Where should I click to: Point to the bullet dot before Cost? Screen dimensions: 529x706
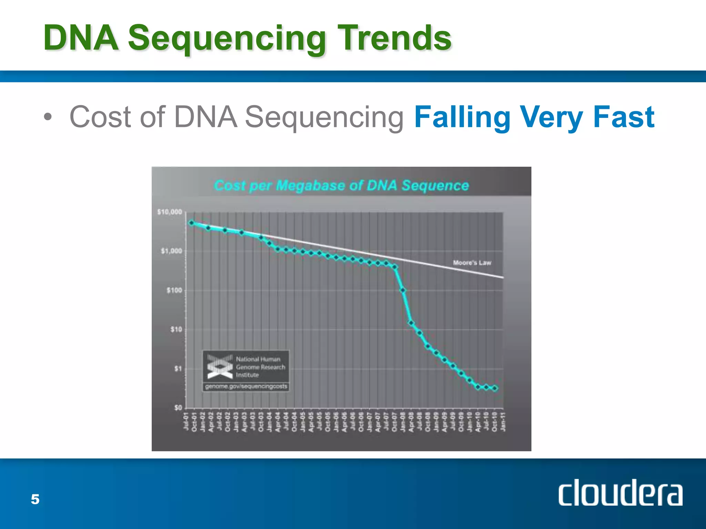click(48, 117)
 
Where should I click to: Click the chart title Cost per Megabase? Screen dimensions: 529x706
click(341, 185)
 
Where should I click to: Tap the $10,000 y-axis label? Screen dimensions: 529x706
click(170, 212)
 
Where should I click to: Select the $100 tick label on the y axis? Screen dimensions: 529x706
click(174, 290)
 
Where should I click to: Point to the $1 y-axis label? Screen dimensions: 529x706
click(178, 369)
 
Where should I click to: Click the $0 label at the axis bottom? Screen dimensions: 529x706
click(178, 408)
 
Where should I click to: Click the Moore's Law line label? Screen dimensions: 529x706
click(472, 263)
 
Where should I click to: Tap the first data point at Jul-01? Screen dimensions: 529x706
click(192, 223)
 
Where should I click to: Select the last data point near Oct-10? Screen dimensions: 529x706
click(495, 388)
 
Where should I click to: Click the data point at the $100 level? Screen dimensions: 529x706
click(403, 290)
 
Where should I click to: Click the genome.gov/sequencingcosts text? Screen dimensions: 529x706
click(246, 386)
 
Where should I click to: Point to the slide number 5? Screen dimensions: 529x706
click(35, 499)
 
